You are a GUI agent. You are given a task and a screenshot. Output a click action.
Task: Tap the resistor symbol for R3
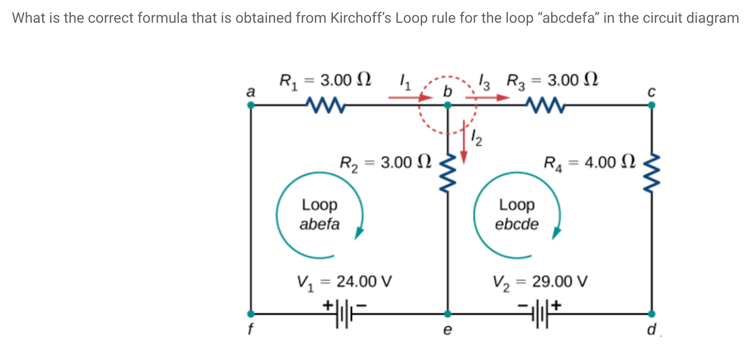(545, 105)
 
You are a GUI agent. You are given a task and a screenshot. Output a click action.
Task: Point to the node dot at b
(448, 105)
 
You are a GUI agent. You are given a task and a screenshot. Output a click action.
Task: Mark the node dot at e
(448, 314)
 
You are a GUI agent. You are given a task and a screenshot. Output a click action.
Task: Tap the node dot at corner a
(251, 105)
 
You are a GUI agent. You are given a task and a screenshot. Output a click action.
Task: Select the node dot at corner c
(651, 105)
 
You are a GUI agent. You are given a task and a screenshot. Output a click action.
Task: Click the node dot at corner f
(251, 314)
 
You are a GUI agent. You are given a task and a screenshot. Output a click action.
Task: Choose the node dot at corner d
(651, 314)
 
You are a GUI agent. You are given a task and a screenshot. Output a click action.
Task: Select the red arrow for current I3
(487, 98)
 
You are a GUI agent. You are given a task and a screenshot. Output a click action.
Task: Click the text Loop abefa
(320, 215)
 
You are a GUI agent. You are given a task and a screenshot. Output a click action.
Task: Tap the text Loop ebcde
(517, 215)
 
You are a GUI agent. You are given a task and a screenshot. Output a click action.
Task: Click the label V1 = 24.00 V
(344, 282)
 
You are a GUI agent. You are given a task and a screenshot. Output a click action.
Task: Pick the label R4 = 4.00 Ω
(589, 163)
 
